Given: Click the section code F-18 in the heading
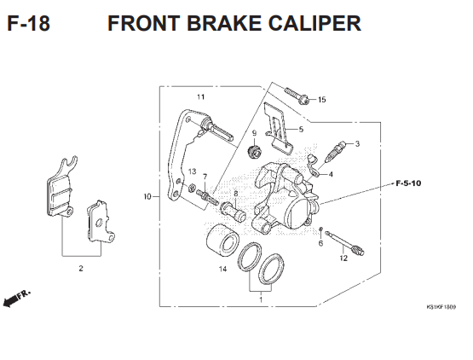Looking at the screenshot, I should tap(27, 23).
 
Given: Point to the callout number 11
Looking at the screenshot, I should tap(200, 97).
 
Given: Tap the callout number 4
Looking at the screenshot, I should tap(331, 174).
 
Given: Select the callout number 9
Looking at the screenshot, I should tap(254, 133).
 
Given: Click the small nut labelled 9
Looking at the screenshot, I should tap(253, 153).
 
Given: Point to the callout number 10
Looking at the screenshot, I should tap(147, 197).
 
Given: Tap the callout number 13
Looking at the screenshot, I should tap(193, 171).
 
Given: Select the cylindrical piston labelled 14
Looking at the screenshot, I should tap(220, 241).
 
